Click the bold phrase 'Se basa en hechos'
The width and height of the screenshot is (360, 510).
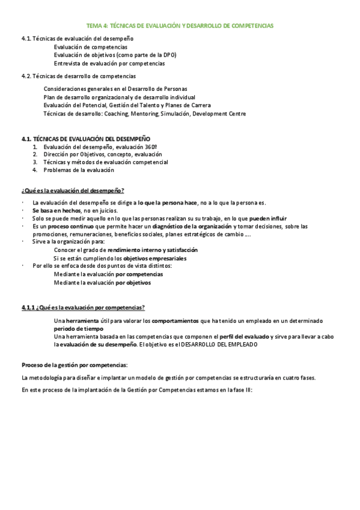[57, 210]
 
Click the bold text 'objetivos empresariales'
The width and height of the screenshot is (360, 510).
[154, 257]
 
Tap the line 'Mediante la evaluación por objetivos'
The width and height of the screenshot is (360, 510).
[102, 282]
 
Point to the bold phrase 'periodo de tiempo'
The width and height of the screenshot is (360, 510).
[78, 329]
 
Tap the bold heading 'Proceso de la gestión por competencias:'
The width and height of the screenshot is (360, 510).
[75, 364]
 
